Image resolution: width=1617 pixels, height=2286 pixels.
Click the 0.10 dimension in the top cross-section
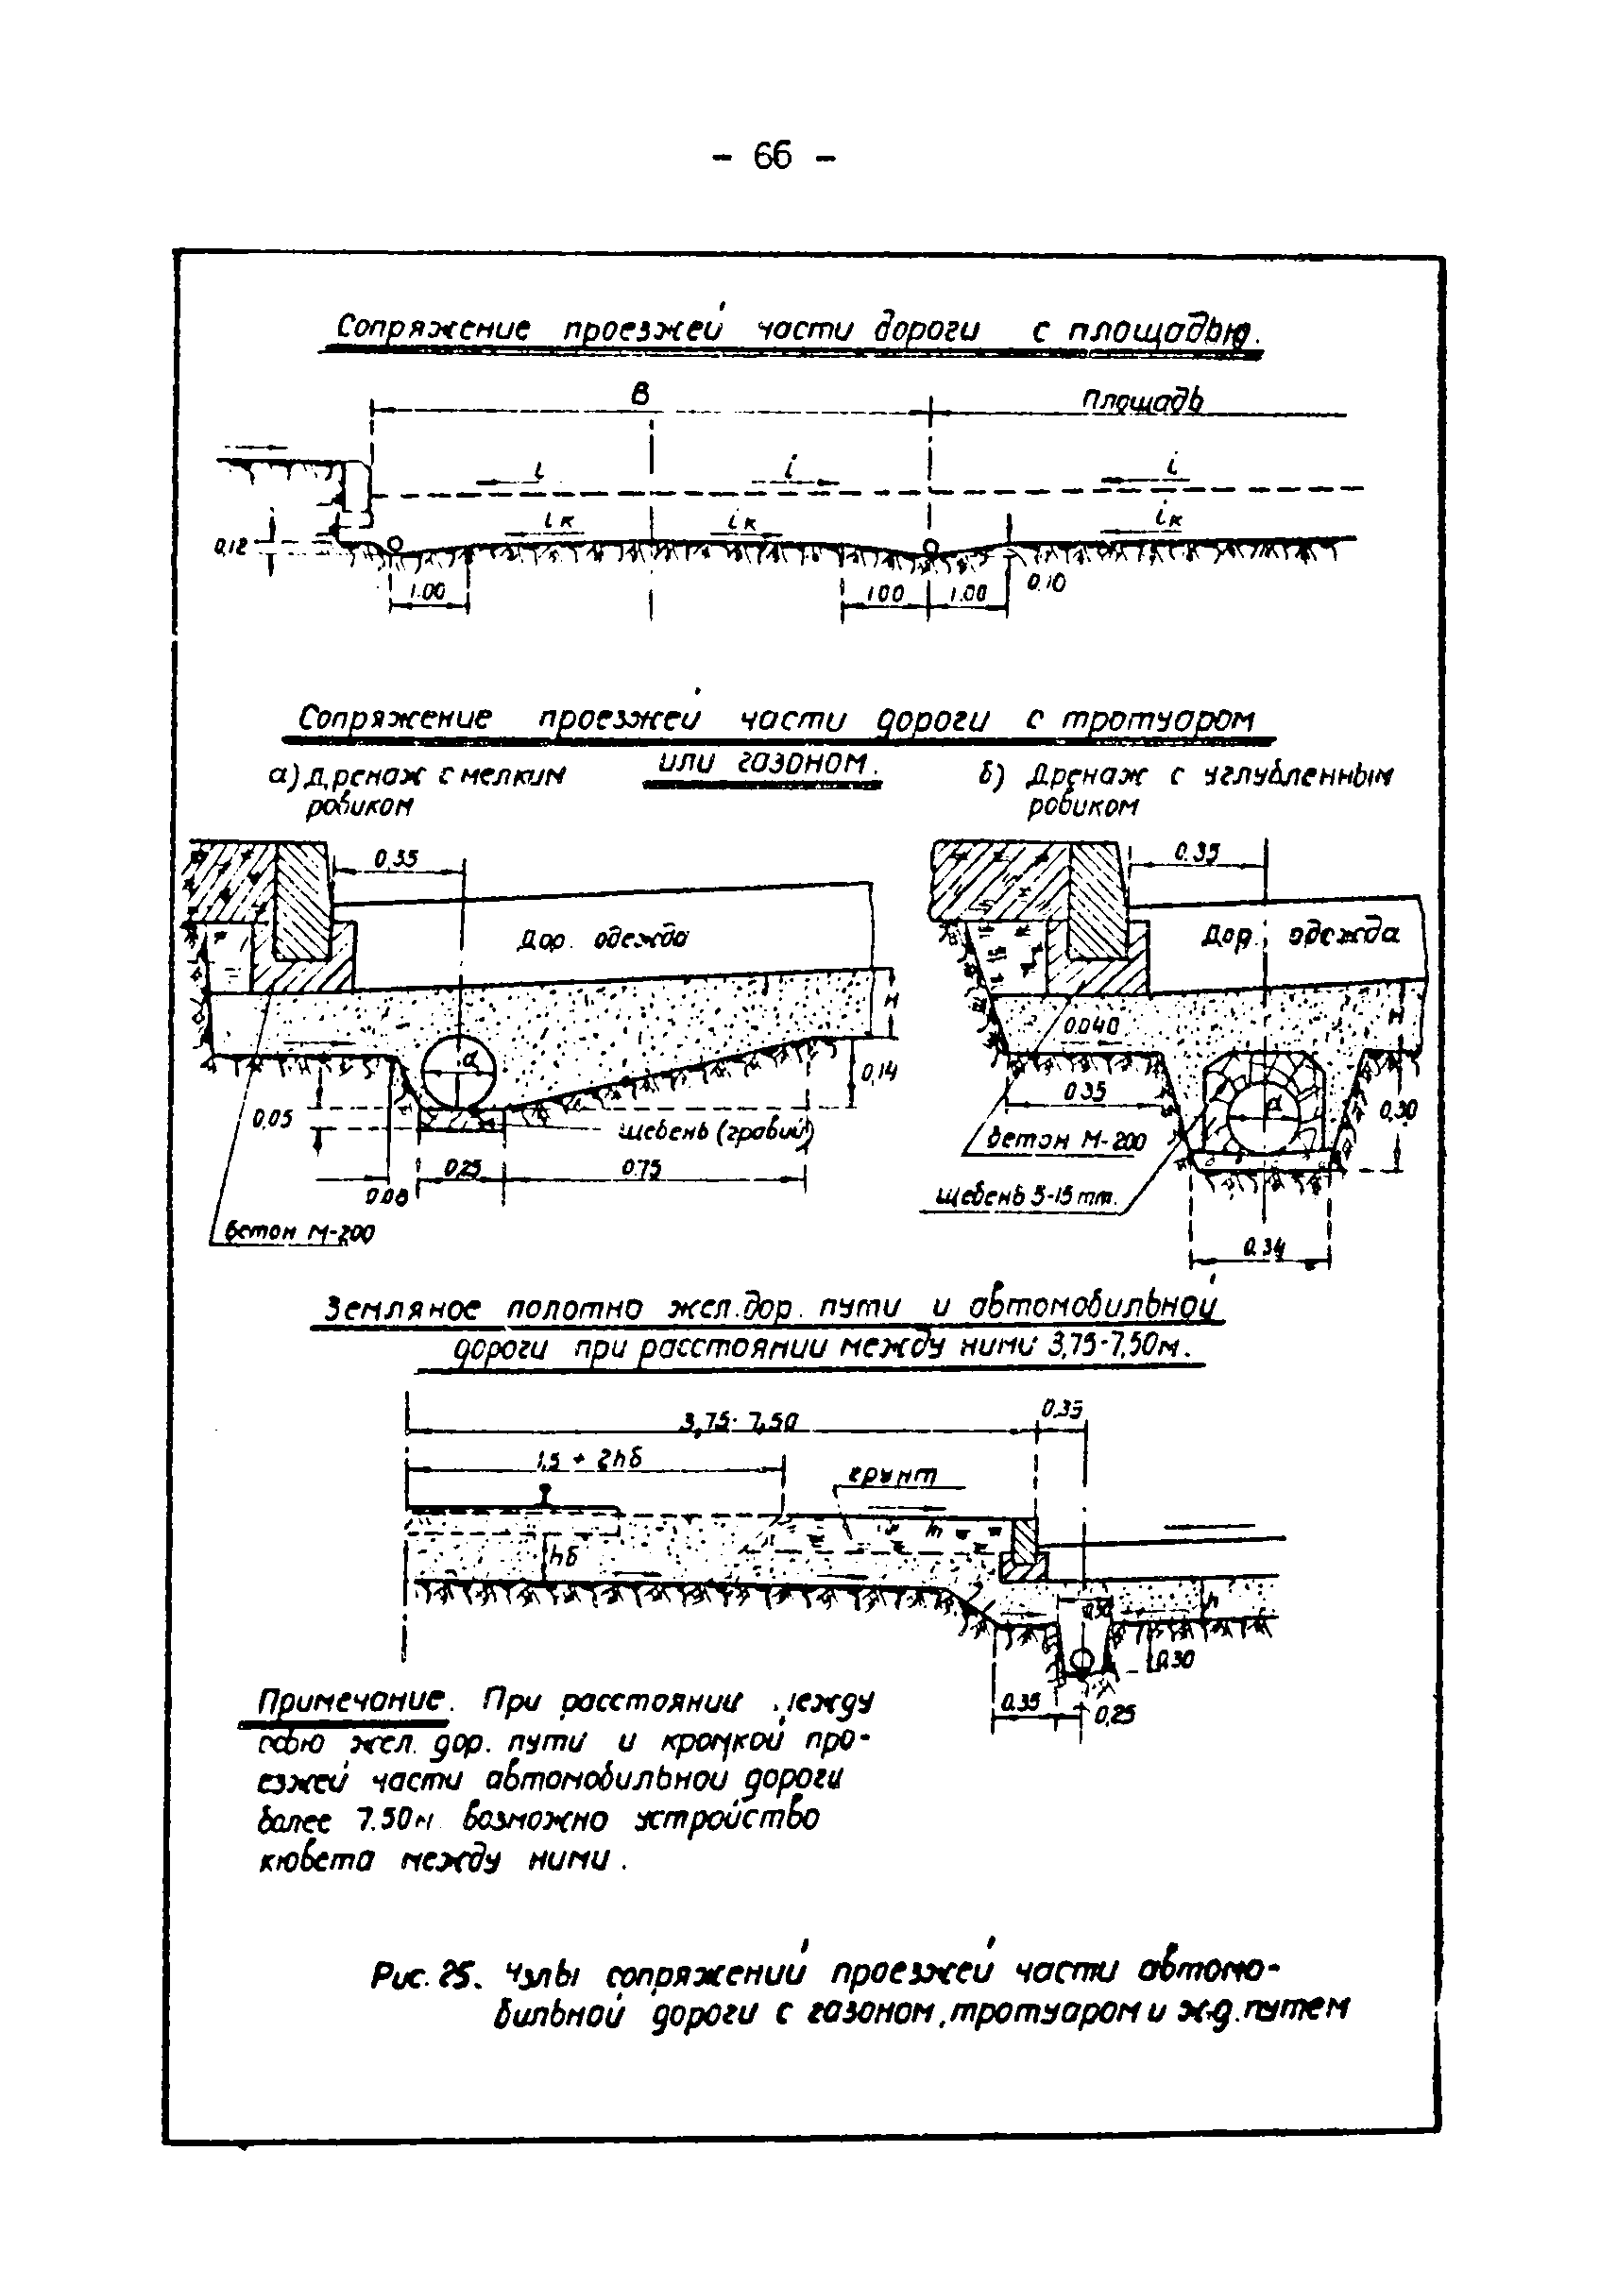click(x=1046, y=584)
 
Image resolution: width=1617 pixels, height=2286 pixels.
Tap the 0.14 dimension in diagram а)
click(x=878, y=1073)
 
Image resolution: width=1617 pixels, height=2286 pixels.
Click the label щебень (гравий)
click(x=715, y=1132)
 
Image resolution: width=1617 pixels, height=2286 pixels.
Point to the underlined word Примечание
click(x=349, y=1701)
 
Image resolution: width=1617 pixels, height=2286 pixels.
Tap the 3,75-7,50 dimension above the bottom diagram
click(x=738, y=1424)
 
